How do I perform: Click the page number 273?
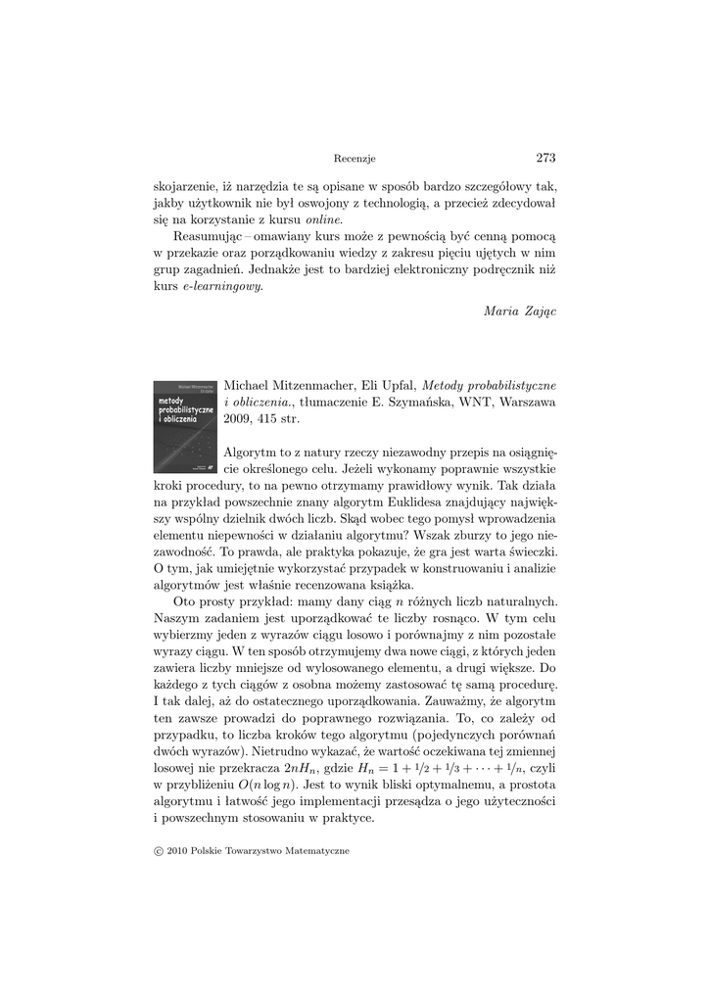pyautogui.click(x=545, y=158)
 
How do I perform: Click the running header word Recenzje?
pyautogui.click(x=355, y=159)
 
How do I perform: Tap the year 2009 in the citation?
pyautogui.click(x=238, y=419)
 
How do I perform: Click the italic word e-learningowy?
pyautogui.click(x=220, y=286)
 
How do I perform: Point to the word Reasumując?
pyautogui.click(x=211, y=237)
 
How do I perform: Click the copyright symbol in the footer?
pyautogui.click(x=160, y=851)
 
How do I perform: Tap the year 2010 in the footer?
pyautogui.click(x=177, y=851)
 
